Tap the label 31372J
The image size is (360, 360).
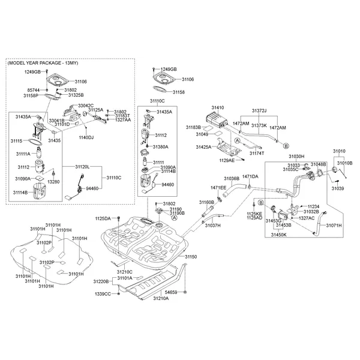point(259,111)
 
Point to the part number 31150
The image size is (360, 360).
point(191,257)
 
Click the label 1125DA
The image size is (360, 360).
point(103,219)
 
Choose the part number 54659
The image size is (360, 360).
point(172,292)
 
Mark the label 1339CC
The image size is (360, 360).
point(103,294)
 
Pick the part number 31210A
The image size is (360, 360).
point(161,298)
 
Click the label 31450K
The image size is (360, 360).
point(279,235)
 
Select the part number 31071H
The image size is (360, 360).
point(335,226)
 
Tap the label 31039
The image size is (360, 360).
point(337,188)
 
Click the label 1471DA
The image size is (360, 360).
point(250,176)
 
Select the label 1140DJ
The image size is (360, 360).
point(87,137)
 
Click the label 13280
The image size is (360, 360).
point(54,181)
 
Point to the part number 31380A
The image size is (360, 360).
point(160,146)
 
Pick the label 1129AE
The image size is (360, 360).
point(227,160)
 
